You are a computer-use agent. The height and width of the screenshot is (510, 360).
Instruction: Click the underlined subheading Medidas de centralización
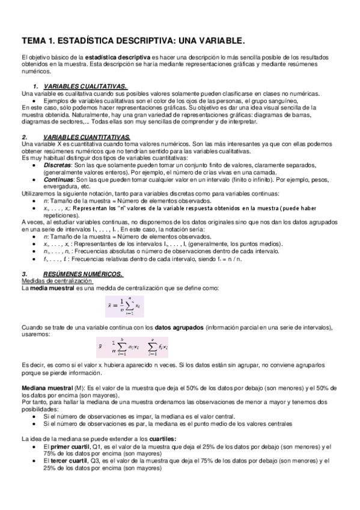click(x=53, y=281)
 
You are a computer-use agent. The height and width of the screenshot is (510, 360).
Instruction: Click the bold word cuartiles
click(x=157, y=438)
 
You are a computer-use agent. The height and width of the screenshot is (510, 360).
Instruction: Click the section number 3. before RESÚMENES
click(x=23, y=274)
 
